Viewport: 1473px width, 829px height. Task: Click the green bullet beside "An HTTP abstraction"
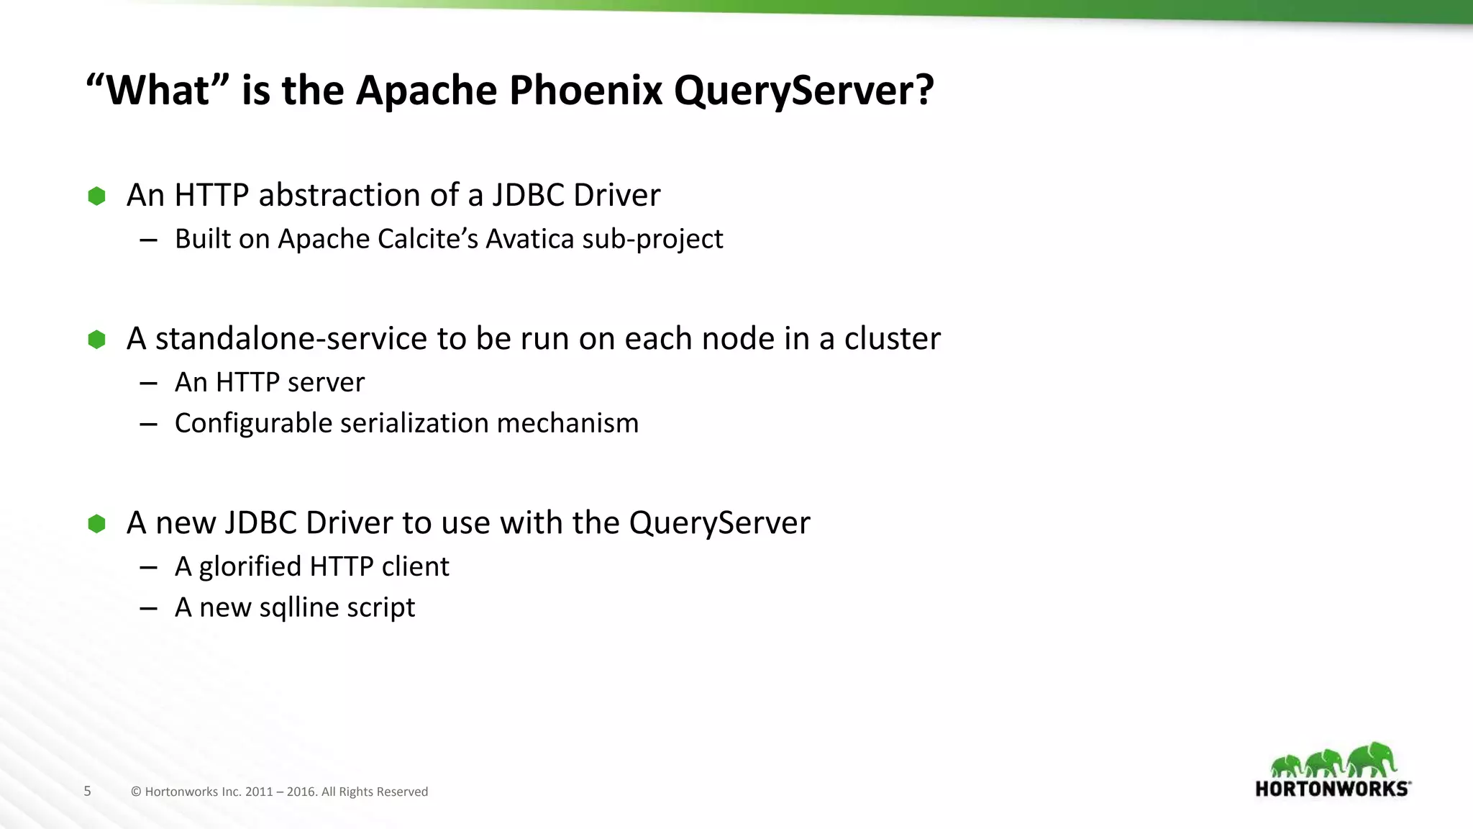pyautogui.click(x=96, y=196)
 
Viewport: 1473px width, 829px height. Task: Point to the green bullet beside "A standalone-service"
pyautogui.click(x=96, y=339)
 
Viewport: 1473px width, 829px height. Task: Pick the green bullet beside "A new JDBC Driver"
pyautogui.click(x=96, y=523)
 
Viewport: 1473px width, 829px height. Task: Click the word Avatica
pyautogui.click(x=530, y=239)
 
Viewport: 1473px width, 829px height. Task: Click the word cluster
pyautogui.click(x=892, y=339)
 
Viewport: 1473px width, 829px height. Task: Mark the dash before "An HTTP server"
pyautogui.click(x=149, y=384)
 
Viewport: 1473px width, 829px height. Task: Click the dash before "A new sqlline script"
pyautogui.click(x=149, y=609)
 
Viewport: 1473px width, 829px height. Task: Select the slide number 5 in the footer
pyautogui.click(x=88, y=792)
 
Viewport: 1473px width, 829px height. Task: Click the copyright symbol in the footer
pyautogui.click(x=136, y=792)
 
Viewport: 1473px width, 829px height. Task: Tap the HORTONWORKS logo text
pyautogui.click(x=1331, y=789)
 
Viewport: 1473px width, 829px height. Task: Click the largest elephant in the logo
pyautogui.click(x=1372, y=760)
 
